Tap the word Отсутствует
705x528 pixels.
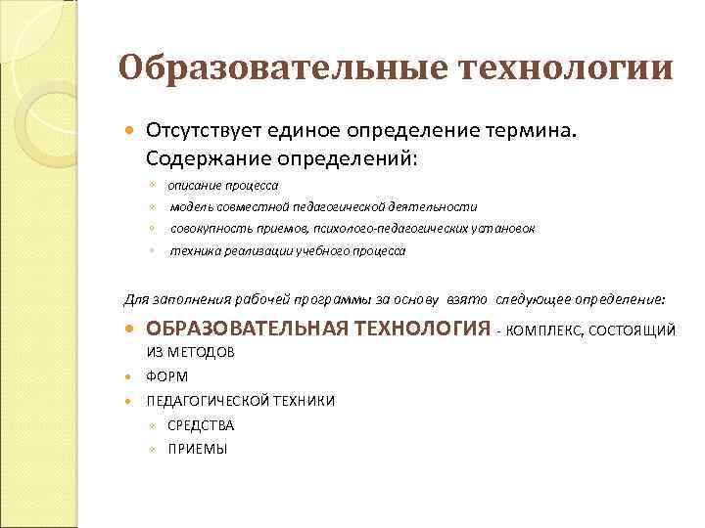pyautogui.click(x=199, y=131)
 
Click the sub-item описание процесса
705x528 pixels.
pyautogui.click(x=222, y=185)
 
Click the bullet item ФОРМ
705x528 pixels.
pyautogui.click(x=167, y=376)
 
